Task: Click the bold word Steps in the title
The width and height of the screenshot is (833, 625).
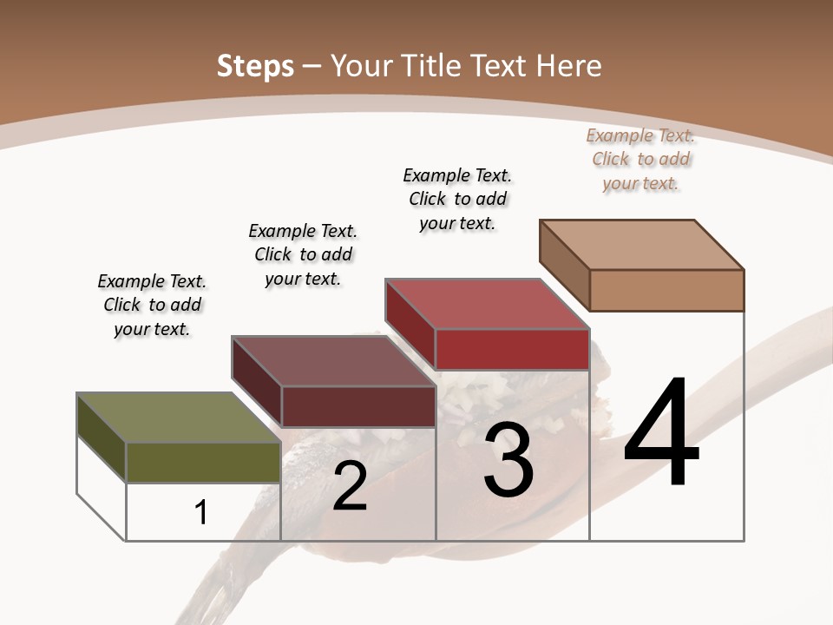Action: (x=255, y=66)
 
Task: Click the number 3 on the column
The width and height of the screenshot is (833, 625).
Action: (x=508, y=460)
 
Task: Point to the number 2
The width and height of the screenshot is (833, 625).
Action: (x=350, y=486)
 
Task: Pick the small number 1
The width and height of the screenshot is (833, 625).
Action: (x=201, y=512)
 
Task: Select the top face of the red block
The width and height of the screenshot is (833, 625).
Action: (x=487, y=304)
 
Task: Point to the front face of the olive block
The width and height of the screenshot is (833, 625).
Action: (x=203, y=462)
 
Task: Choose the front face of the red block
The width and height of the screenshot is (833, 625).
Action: (x=512, y=349)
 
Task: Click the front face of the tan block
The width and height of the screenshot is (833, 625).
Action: (x=666, y=290)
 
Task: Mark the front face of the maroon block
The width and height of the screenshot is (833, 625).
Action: (x=357, y=406)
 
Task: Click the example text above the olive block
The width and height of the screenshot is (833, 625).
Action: (x=152, y=305)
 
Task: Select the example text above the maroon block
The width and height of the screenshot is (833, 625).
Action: (x=303, y=254)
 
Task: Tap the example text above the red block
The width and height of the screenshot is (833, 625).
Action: (x=457, y=199)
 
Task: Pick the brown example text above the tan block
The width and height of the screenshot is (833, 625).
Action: (x=640, y=159)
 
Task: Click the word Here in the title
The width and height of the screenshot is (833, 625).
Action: (x=571, y=66)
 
